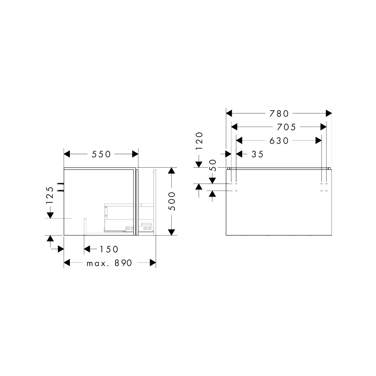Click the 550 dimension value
101,154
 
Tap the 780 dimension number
279,114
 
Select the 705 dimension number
286,127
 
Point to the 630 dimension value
279,141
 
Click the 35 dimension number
258,154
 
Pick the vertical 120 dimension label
199,141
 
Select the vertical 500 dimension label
172,201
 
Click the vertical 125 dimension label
50,195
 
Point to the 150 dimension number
109,249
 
